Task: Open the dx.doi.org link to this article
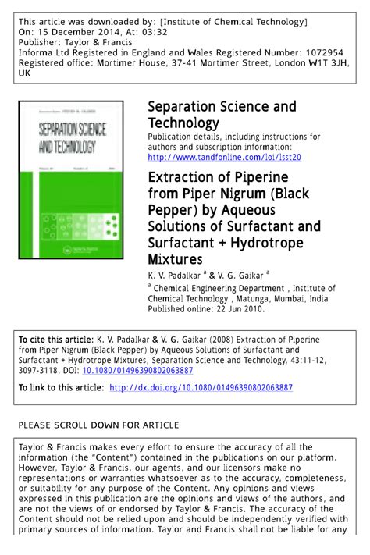(x=201, y=387)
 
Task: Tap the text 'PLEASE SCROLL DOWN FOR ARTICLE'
(x=98, y=425)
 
